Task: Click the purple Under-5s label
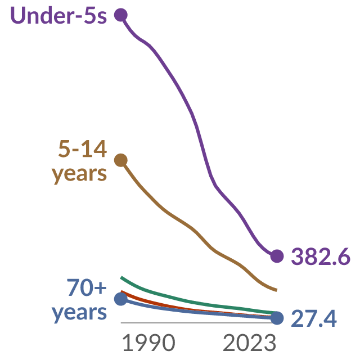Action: pos(58,15)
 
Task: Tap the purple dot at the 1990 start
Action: pos(121,15)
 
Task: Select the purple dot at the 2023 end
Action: pos(277,256)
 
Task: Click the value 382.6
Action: pos(321,256)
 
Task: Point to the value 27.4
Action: pos(314,318)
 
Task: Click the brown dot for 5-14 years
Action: pos(121,160)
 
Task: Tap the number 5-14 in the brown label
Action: pos(83,148)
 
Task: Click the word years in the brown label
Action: pos(79,174)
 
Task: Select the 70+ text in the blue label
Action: pos(87,287)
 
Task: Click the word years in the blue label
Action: pos(79,313)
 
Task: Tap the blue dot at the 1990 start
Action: pos(121,299)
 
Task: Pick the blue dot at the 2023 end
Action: pos(277,318)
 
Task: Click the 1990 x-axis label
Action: pos(148,343)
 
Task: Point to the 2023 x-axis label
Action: pos(250,343)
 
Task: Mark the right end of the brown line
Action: pos(277,290)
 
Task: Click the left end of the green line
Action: pos(121,277)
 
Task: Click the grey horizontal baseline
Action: pos(199,323)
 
